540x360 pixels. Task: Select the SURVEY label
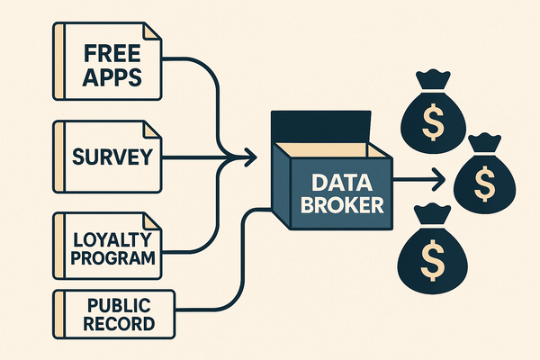(x=112, y=159)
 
